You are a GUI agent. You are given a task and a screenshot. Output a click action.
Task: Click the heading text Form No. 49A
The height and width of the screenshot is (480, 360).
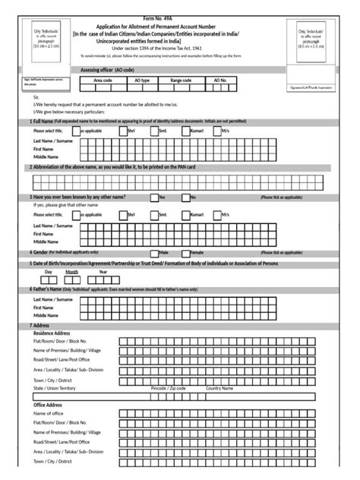point(179,5)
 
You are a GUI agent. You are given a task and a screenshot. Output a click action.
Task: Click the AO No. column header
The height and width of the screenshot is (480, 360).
point(219,80)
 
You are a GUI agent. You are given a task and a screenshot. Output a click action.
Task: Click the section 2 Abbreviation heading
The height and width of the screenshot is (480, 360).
point(114,167)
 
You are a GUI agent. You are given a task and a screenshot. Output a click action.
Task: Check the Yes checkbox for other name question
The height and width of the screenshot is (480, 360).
point(154,197)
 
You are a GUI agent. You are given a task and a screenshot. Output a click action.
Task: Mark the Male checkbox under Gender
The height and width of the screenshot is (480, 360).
point(154,250)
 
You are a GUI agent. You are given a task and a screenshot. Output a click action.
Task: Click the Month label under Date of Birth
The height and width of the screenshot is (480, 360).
point(71,271)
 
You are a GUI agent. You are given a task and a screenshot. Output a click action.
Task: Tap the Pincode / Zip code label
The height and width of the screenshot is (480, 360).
point(168,387)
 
